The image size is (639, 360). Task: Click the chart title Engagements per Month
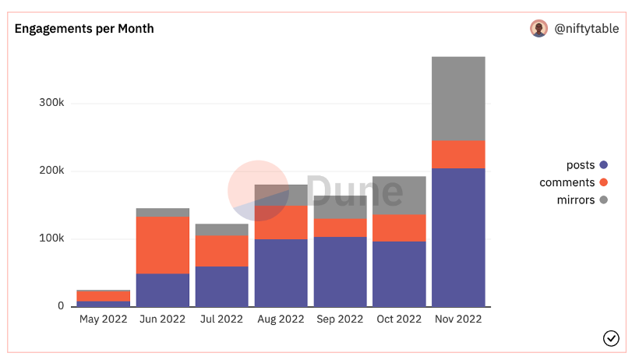pyautogui.click(x=84, y=29)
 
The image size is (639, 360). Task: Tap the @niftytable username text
pyautogui.click(x=586, y=29)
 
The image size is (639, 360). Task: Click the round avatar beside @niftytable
pyautogui.click(x=538, y=29)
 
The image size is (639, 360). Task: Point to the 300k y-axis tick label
pyautogui.click(x=51, y=103)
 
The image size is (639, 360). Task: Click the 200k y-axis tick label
pyautogui.click(x=51, y=171)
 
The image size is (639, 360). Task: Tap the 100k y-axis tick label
pyautogui.click(x=51, y=238)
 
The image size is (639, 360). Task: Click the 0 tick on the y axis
pyautogui.click(x=61, y=306)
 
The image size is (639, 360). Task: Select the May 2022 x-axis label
pyautogui.click(x=103, y=319)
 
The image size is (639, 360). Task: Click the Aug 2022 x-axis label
pyautogui.click(x=281, y=319)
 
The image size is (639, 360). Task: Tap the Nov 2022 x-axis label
pyautogui.click(x=458, y=319)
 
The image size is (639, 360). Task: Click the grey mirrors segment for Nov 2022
pyautogui.click(x=458, y=98)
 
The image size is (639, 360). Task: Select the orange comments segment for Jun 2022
pyautogui.click(x=163, y=245)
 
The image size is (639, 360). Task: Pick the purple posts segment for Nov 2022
pyautogui.click(x=458, y=237)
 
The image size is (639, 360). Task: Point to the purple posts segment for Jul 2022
pyautogui.click(x=222, y=286)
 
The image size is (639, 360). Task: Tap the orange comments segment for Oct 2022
pyautogui.click(x=399, y=228)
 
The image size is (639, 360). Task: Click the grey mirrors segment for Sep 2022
pyautogui.click(x=340, y=207)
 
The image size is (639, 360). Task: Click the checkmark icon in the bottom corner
pyautogui.click(x=611, y=337)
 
